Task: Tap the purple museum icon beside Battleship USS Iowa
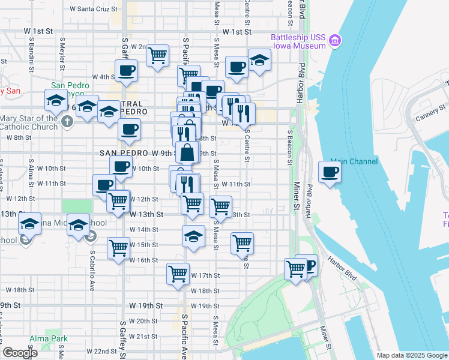pos(336,41)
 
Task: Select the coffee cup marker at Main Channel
pos(330,173)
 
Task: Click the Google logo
pos(20,353)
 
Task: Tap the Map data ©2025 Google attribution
pos(412,355)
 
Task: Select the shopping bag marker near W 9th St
pos(187,152)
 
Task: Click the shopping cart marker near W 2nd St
pos(157,56)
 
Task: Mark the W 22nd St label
pos(101,351)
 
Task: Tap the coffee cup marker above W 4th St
pos(126,71)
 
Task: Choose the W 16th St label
pos(143,260)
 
